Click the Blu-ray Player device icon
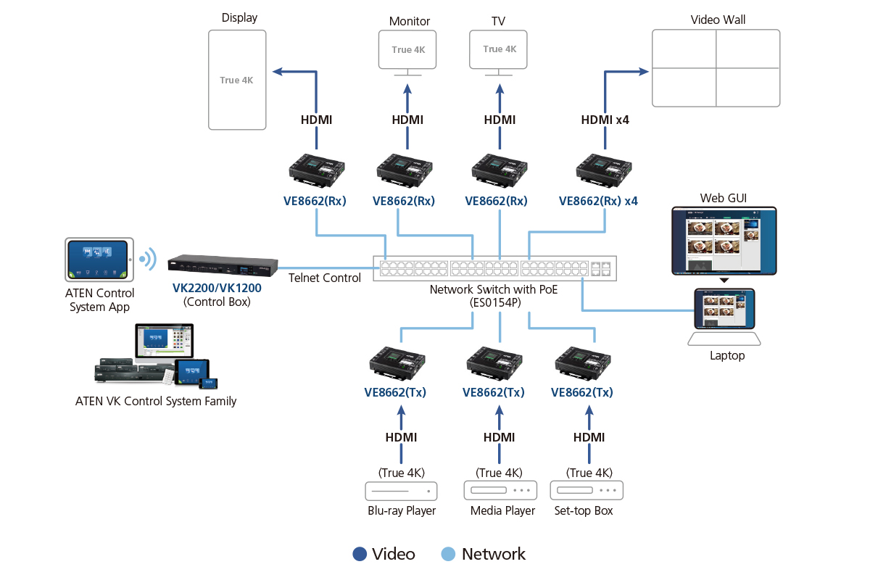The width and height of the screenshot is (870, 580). [x=402, y=491]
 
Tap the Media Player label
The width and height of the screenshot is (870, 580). [x=502, y=510]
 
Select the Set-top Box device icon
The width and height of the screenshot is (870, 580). [x=587, y=490]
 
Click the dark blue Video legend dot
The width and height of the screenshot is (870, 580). [x=360, y=554]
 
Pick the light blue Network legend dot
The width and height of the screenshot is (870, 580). [x=449, y=554]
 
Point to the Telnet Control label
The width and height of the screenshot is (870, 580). [x=324, y=278]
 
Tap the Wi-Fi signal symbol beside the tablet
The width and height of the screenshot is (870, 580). [x=148, y=259]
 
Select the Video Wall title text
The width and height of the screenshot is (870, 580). [x=718, y=20]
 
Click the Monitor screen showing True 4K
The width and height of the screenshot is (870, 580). [x=407, y=49]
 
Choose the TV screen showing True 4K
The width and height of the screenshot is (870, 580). [x=499, y=49]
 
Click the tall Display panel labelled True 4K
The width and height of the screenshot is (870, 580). [x=236, y=80]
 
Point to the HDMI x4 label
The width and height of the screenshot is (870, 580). [x=605, y=120]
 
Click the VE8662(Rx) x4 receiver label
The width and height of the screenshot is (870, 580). [x=598, y=201]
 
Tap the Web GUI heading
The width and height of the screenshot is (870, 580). [x=723, y=198]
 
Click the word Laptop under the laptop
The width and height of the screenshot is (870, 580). [x=727, y=355]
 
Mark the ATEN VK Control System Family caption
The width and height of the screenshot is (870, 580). [x=156, y=401]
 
